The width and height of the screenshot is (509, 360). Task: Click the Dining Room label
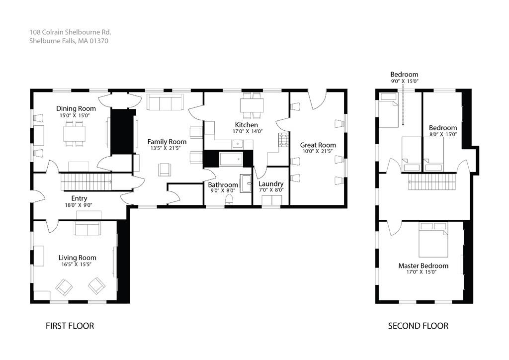click(76, 108)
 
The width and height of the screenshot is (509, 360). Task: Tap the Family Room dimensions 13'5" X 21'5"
click(165, 148)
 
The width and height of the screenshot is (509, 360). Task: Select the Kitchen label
click(247, 125)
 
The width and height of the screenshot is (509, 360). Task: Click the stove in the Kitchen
click(284, 140)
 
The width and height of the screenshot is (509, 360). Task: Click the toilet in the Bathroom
click(230, 199)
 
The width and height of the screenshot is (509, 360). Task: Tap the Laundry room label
click(271, 184)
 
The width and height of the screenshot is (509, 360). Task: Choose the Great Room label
click(318, 145)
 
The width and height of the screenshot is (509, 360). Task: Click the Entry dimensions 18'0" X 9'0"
click(79, 205)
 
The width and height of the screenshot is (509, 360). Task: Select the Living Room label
click(77, 258)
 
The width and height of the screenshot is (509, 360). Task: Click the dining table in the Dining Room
click(75, 133)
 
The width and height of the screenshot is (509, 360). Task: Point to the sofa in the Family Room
click(165, 102)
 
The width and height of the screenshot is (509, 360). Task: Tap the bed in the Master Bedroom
click(433, 240)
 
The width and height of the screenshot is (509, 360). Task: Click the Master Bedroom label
click(424, 266)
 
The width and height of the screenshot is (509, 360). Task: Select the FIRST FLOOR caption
click(70, 326)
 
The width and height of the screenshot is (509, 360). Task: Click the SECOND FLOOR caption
click(418, 326)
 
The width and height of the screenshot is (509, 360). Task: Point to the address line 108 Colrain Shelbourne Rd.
click(70, 32)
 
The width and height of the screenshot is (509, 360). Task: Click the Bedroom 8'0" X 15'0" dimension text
click(443, 134)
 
